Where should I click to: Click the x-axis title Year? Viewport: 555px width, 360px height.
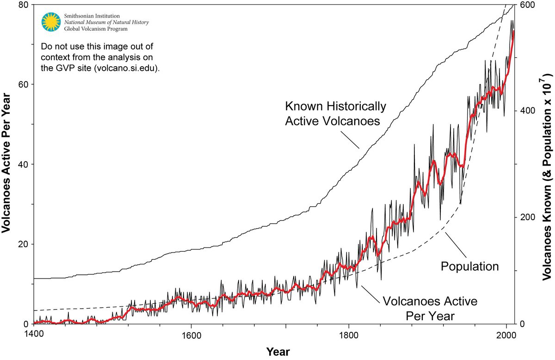pos(278,352)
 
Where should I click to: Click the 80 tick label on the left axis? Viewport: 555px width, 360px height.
pos(23,5)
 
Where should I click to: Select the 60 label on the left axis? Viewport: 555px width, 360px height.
pos(23,85)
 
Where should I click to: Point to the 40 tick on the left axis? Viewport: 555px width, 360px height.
pos(23,164)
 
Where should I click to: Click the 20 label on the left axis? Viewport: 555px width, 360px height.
pos(23,244)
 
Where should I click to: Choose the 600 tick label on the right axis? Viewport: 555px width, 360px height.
pos(528,5)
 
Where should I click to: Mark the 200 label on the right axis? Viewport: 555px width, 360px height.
pos(528,217)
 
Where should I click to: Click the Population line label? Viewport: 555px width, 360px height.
pos(469,266)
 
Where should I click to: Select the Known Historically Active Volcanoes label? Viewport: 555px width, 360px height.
pos(335,113)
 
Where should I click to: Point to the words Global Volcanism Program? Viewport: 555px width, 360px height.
pos(96,29)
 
